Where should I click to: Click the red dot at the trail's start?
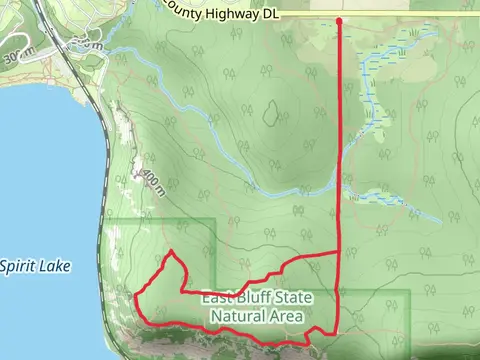340,20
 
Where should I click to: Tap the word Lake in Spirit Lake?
56,266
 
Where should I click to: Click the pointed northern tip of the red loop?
172,251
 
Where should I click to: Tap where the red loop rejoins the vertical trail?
340,255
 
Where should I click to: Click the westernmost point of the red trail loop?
136,297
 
